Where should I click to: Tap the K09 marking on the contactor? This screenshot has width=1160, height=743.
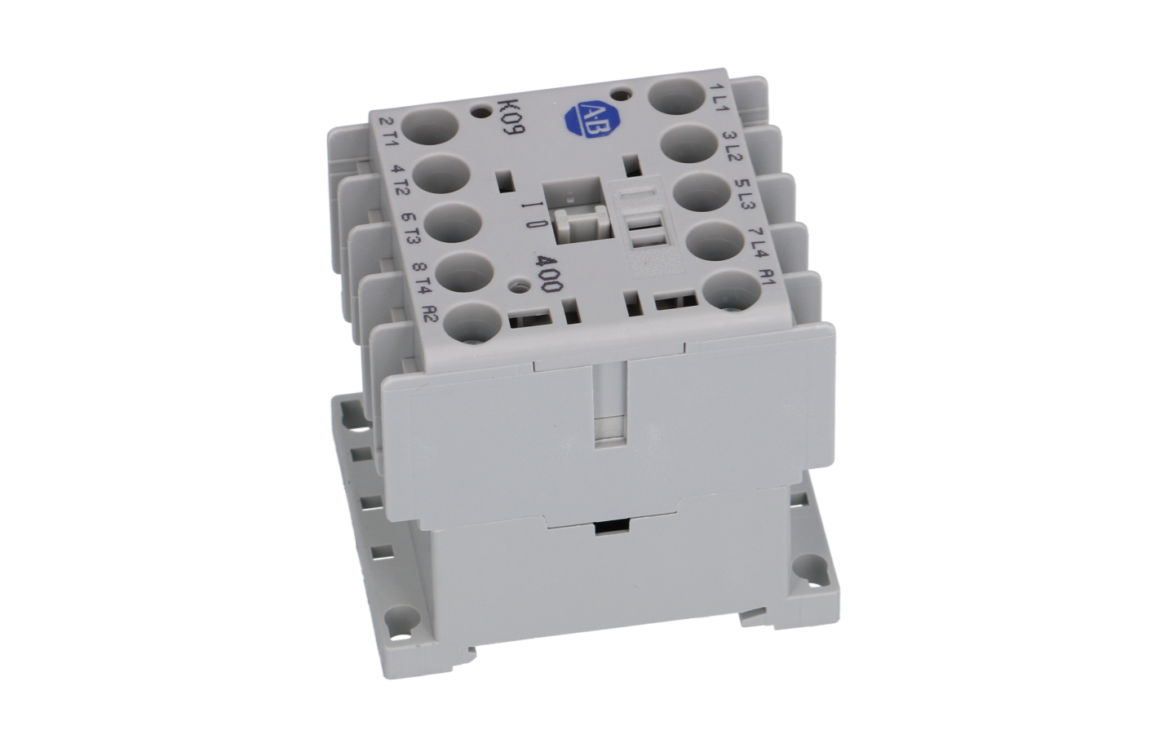pyautogui.click(x=511, y=116)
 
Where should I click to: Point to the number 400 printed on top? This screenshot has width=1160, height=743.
pyautogui.click(x=549, y=273)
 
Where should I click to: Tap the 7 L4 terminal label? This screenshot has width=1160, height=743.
pyautogui.click(x=757, y=243)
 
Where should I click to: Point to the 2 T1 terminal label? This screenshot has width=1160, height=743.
pyautogui.click(x=388, y=133)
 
